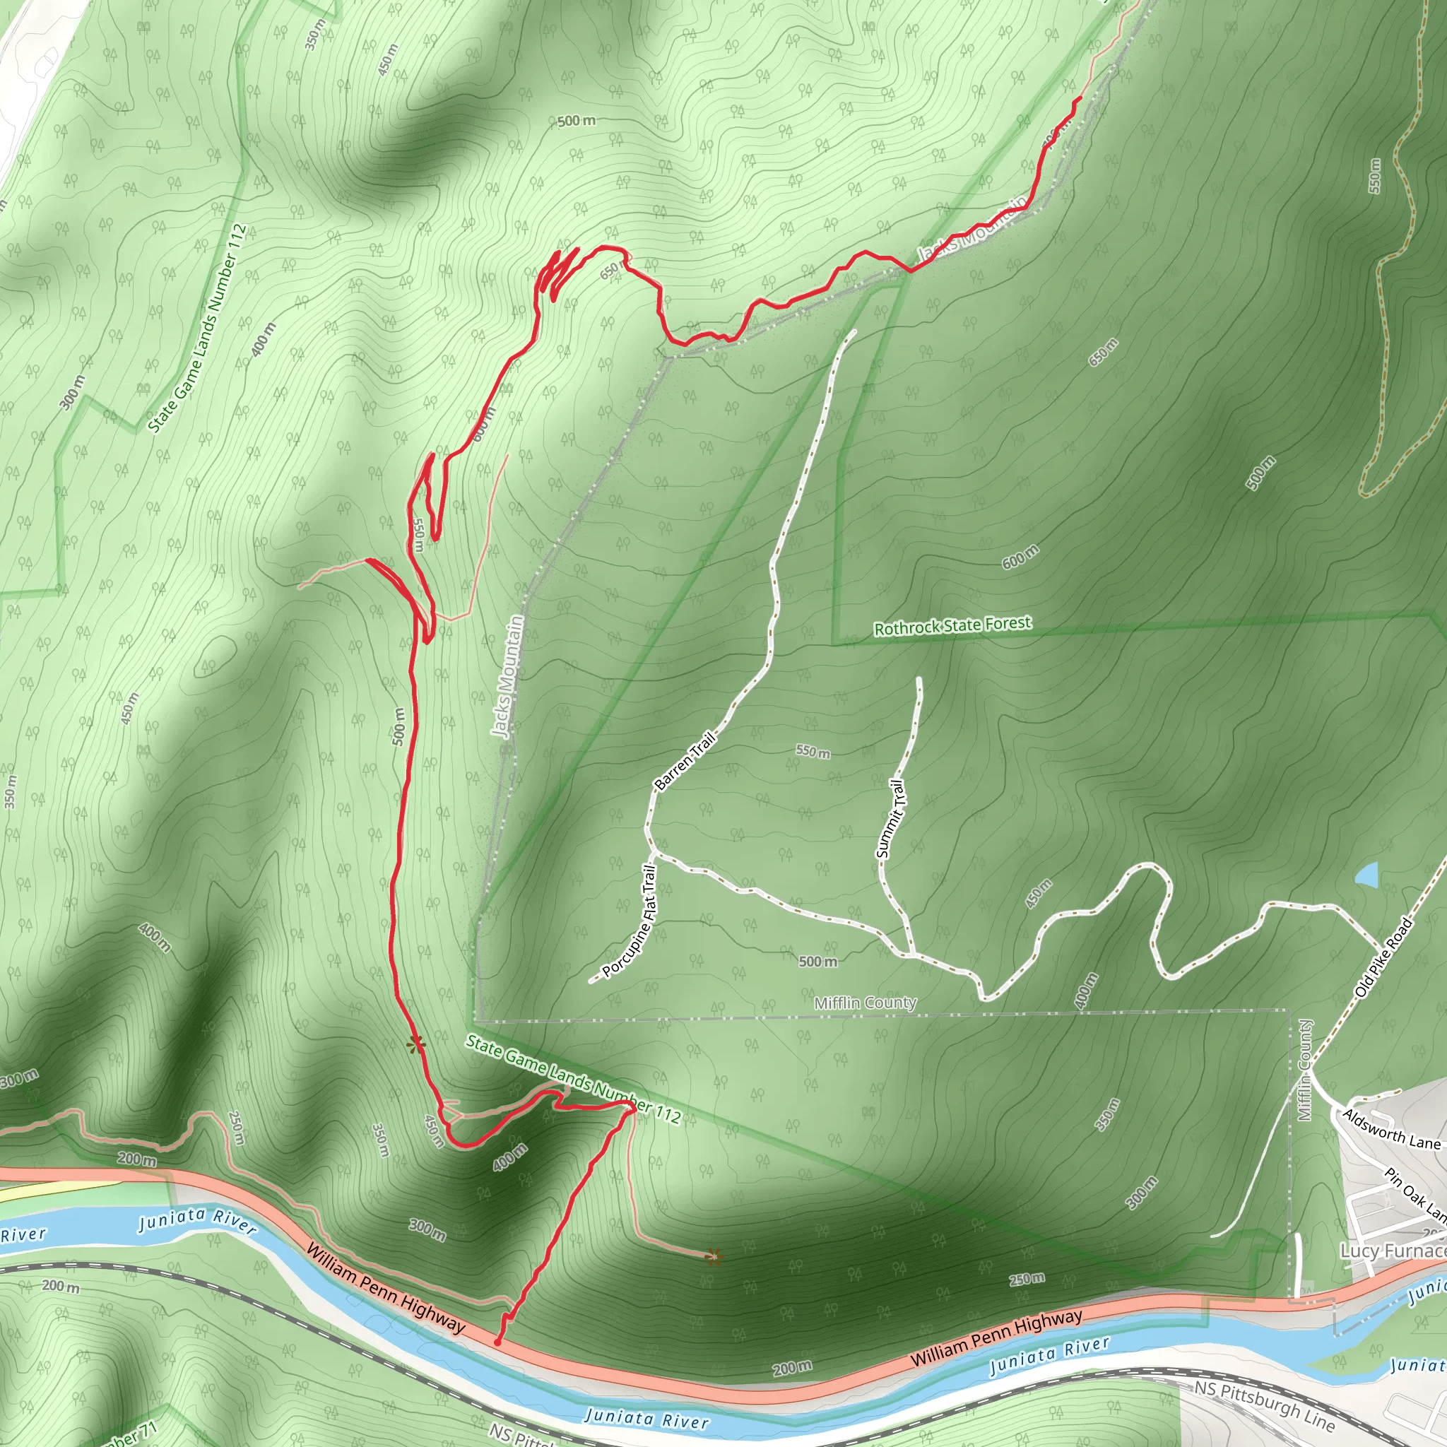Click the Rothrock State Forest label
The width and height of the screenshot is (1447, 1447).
click(952, 625)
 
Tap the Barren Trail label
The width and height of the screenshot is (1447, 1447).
click(685, 761)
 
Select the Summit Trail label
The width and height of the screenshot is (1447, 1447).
click(890, 819)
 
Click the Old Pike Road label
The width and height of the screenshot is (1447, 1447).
click(1383, 957)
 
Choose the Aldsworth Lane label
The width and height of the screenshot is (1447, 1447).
click(1390, 1130)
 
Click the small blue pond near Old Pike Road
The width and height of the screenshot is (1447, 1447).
click(1367, 875)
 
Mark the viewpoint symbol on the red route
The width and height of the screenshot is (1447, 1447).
click(415, 1045)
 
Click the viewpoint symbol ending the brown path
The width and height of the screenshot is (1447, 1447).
click(714, 1257)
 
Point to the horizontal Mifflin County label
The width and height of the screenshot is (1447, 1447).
click(865, 1003)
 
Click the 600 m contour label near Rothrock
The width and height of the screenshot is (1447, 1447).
click(1020, 557)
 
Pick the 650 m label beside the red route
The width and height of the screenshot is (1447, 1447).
click(610, 271)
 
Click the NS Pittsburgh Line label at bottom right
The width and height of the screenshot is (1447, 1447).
click(1264, 1405)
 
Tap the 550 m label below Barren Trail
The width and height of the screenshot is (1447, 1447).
click(813, 751)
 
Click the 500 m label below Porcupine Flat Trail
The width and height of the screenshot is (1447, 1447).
click(818, 961)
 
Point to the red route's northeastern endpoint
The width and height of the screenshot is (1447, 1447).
click(1080, 98)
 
